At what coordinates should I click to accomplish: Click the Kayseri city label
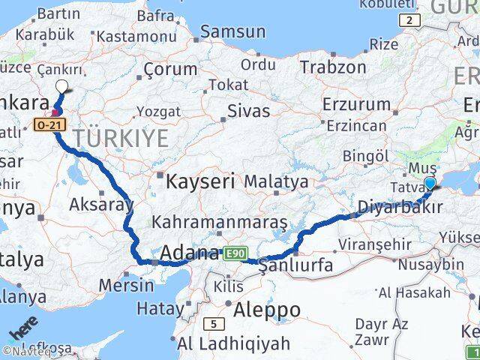click(x=200, y=181)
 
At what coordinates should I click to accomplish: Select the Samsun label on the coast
click(x=232, y=31)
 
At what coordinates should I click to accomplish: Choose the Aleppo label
click(x=267, y=310)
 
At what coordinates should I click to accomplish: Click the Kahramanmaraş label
click(x=219, y=223)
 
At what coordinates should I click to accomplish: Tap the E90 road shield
click(x=233, y=254)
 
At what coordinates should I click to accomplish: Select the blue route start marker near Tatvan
click(x=430, y=183)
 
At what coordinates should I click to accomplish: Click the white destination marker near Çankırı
click(x=61, y=87)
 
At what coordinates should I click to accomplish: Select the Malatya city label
click(x=276, y=181)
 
